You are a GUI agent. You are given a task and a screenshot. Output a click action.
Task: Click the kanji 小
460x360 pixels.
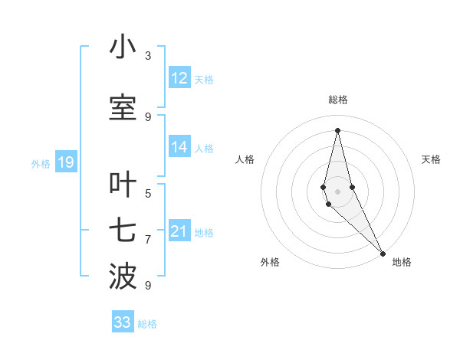pos(123,47)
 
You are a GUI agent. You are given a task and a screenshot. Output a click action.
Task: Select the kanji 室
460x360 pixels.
pos(123,107)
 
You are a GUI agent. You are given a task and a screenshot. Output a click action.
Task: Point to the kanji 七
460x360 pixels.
pos(123,231)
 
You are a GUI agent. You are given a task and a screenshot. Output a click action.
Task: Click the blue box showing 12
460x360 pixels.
pos(179,78)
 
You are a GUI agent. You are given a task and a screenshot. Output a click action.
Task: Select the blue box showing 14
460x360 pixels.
pos(179,148)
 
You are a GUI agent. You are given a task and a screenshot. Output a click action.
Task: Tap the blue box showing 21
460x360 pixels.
pos(179,232)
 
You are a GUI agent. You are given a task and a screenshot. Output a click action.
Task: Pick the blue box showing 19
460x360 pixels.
pos(65,162)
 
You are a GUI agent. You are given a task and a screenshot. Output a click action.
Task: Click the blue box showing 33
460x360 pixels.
pos(123,322)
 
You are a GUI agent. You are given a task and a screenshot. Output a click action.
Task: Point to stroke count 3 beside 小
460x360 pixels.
pos(148,55)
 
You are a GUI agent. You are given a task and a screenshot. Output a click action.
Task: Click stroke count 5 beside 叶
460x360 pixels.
pos(148,193)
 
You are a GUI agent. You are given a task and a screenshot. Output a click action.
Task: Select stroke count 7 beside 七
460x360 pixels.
pos(148,240)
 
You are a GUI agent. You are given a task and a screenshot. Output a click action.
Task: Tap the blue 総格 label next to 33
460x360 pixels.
pos(147,324)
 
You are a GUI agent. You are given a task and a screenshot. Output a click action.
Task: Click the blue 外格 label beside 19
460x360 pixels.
pos(41,163)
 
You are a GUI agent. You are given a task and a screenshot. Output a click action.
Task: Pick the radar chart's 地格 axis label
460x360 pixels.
pos(402,262)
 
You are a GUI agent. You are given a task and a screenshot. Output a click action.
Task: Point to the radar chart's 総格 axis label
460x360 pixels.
pos(338,100)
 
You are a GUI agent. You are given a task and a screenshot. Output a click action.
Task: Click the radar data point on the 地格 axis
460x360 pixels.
pos(382,253)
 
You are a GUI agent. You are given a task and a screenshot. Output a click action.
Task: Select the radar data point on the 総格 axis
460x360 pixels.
pos(337,129)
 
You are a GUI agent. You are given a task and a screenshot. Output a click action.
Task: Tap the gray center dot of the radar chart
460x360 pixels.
pos(337,191)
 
